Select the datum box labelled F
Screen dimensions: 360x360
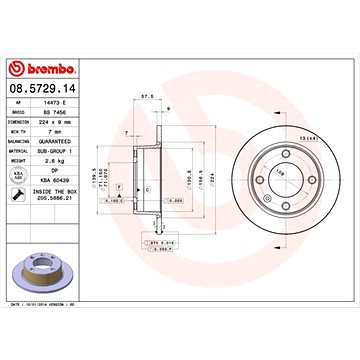[x=120, y=187]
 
